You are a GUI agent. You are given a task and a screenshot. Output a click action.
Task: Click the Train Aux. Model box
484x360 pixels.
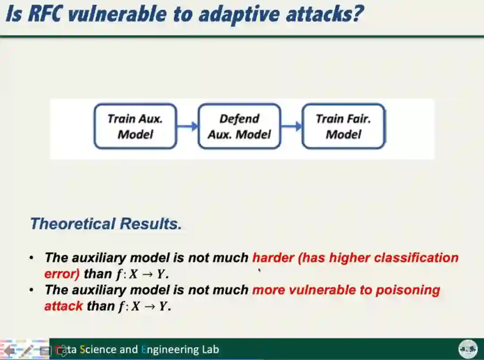pos(135,126)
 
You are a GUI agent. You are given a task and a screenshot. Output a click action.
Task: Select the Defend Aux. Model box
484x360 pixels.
pos(239,126)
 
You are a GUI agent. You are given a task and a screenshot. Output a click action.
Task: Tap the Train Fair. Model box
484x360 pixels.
pos(343,126)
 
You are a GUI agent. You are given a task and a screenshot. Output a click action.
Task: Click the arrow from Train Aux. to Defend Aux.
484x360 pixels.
pos(187,126)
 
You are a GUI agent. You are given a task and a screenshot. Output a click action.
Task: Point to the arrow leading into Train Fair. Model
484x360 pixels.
pos(291,126)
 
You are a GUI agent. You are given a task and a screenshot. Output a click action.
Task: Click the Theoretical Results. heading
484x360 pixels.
pos(106,223)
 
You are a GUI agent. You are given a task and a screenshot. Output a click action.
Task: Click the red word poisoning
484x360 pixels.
pos(407,290)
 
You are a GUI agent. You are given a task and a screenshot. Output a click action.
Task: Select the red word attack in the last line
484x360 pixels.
pos(64,306)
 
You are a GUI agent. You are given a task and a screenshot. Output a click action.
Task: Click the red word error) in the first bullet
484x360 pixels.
pos(62,274)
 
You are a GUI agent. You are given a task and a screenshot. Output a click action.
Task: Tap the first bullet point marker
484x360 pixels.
pos(31,258)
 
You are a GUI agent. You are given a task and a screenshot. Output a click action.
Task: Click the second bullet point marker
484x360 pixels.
pos(31,290)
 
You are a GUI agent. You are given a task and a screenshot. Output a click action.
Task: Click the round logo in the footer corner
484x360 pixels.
pos(467,349)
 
